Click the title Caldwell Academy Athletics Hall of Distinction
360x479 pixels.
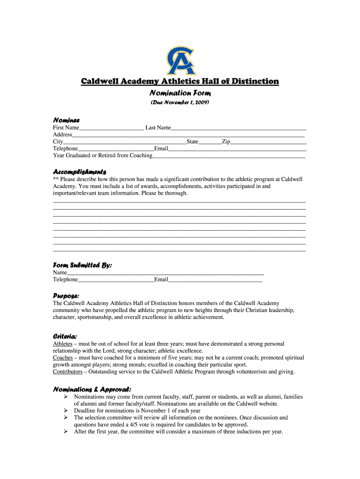pos(180,81)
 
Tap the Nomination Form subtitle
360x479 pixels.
pos(180,93)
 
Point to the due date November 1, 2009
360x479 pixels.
pos(180,102)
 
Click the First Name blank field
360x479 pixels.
pos(111,128)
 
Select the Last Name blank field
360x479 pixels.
pos(238,128)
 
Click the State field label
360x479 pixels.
pos(192,141)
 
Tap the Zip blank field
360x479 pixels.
pos(268,141)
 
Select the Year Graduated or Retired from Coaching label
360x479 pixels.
pos(102,155)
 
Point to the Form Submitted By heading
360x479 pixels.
pos(82,265)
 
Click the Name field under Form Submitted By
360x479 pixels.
pos(166,272)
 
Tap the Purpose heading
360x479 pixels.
pos(66,296)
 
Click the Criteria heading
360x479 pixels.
pos(65,336)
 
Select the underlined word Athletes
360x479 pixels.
pos(63,344)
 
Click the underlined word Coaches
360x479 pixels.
pos(63,358)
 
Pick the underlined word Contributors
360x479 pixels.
pos(67,372)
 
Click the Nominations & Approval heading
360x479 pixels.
pos(92,389)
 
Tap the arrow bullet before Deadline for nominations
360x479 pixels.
pos(66,411)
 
